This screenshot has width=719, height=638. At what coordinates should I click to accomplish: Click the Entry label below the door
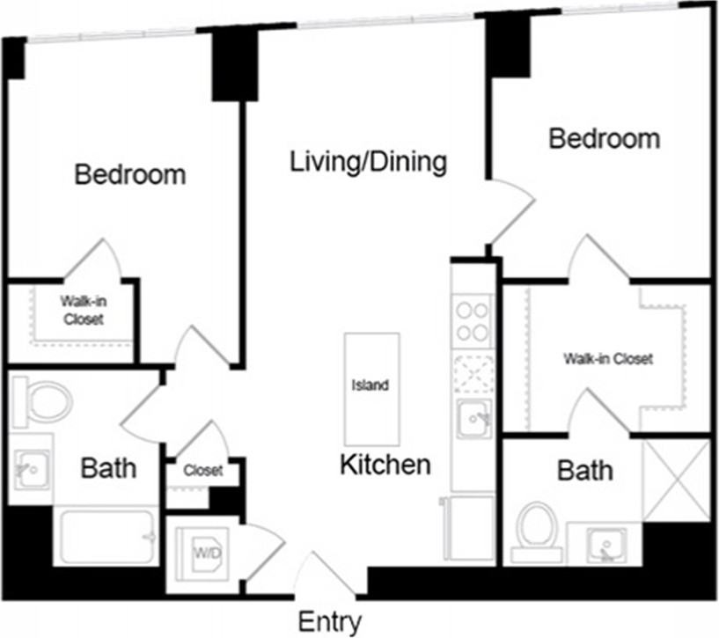tap(329, 622)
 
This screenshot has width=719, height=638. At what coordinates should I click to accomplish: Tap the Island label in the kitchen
tap(370, 385)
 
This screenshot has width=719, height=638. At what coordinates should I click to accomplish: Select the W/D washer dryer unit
tap(202, 554)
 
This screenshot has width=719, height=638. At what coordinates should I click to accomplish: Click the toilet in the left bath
tap(42, 402)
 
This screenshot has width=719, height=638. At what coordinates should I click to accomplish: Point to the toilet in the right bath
tap(537, 532)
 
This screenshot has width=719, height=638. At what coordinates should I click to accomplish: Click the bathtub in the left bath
tap(106, 536)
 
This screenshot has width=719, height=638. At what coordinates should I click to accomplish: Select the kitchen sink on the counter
tap(474, 418)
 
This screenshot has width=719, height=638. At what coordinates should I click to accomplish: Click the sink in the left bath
tap(31, 470)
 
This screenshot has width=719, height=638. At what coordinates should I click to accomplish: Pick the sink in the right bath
tap(606, 546)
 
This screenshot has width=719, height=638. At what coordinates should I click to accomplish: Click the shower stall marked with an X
tap(676, 480)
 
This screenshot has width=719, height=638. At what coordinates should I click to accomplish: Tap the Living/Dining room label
tap(368, 162)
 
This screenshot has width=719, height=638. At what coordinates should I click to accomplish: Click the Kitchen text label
tap(385, 464)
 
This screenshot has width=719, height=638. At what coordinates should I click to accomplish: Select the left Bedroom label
tap(130, 174)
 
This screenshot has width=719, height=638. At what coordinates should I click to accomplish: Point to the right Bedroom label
tap(605, 138)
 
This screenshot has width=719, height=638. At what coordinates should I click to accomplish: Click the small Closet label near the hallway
tap(202, 470)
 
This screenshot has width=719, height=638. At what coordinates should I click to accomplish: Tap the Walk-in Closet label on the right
tap(608, 359)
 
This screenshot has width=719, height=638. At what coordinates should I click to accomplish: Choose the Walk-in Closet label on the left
tap(84, 310)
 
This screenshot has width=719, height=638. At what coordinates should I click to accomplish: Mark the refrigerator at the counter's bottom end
tap(468, 527)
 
